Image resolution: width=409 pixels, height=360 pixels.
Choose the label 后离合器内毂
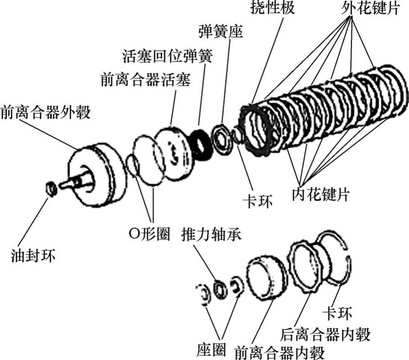pyautogui.click(x=326, y=334)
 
